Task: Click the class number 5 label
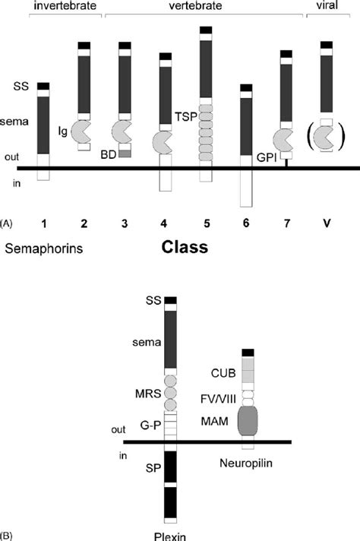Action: [204, 223]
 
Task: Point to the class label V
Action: [326, 223]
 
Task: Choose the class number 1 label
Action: [44, 223]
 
